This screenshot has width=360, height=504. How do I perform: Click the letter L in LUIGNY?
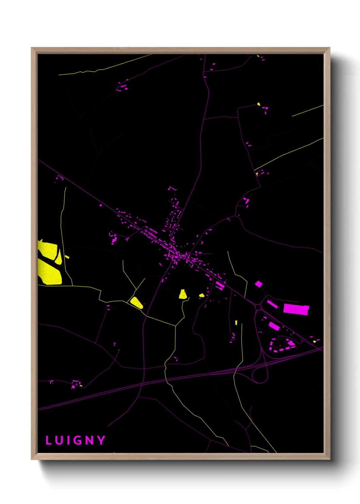(48, 440)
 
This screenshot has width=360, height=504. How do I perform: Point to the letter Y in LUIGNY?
(101, 440)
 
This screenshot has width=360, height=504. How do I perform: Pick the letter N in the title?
(89, 440)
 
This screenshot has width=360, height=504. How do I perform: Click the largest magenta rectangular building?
(296, 309)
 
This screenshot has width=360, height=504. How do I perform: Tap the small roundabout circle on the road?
(258, 307)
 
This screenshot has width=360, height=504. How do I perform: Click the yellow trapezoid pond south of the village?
(183, 294)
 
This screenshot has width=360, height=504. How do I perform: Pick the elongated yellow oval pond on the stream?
(136, 302)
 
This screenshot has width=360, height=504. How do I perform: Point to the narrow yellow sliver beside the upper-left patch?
(59, 257)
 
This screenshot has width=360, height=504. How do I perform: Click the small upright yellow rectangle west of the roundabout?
(236, 322)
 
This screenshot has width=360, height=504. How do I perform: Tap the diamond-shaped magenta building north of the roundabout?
(259, 284)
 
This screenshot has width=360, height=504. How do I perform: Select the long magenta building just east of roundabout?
(272, 304)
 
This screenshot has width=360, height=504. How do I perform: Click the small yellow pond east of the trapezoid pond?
(201, 295)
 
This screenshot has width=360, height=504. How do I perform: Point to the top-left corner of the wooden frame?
(32, 48)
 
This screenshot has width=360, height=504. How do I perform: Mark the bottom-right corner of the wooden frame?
(329, 459)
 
